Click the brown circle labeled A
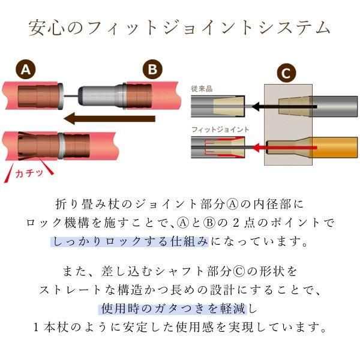[25, 70]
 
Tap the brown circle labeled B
[152, 69]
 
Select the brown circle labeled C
[286, 73]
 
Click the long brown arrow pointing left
[109, 119]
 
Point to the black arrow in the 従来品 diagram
[284, 107]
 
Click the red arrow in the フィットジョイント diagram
[284, 148]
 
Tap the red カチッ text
[29, 173]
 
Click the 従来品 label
[202, 89]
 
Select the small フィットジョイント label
[220, 130]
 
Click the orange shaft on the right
[334, 148]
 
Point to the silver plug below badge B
[102, 96]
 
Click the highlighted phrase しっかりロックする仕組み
[130, 242]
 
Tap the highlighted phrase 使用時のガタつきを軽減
[173, 308]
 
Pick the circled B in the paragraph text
[209, 223]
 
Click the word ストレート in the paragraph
[70, 290]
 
